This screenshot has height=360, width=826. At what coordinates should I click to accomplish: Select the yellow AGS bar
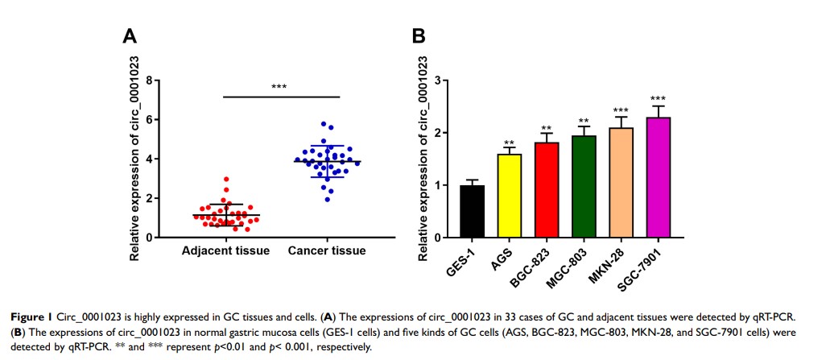510,196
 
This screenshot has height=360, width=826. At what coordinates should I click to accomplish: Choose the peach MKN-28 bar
621,183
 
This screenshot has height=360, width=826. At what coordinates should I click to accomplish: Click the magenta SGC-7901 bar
658,178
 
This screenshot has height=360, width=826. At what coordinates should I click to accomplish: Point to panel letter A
128,36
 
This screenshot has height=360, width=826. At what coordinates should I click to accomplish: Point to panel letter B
419,36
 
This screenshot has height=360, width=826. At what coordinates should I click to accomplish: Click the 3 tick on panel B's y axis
436,81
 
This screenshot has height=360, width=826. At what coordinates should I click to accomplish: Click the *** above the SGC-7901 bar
658,98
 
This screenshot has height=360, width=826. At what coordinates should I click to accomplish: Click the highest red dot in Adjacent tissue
227,179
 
